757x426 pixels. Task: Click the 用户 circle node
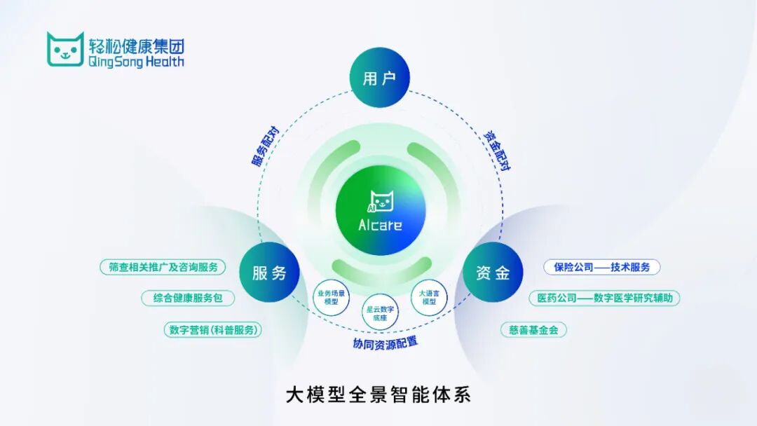(379, 78)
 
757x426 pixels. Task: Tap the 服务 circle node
(270, 273)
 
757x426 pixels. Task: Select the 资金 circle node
(493, 273)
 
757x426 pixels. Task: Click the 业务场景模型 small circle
(331, 296)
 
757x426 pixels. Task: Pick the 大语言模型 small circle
(428, 296)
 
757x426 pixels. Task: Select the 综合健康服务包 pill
(188, 298)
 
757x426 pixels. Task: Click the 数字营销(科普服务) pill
(213, 329)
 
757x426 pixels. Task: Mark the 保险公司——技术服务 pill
(601, 267)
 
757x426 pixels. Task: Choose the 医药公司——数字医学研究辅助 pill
(604, 298)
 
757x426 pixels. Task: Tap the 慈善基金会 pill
(533, 329)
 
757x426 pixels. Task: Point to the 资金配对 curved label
(496, 149)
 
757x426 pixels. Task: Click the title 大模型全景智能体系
(378, 394)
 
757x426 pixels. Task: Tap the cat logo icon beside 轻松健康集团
(65, 49)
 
